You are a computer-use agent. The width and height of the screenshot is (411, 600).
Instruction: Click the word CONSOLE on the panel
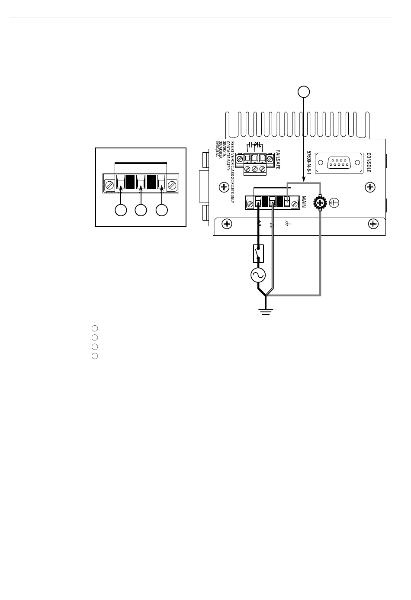click(x=369, y=162)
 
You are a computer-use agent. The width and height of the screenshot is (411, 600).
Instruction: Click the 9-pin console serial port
click(x=339, y=163)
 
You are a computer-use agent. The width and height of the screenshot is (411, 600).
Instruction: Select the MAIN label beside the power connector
click(x=304, y=202)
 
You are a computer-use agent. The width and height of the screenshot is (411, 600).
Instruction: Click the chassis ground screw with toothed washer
click(x=320, y=202)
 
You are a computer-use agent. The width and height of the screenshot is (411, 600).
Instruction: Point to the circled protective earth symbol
click(x=334, y=202)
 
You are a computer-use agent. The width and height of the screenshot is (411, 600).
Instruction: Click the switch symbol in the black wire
click(x=258, y=254)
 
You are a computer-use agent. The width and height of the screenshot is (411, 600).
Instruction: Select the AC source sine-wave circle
click(x=258, y=275)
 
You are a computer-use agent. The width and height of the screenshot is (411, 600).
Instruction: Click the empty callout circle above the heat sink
click(x=304, y=91)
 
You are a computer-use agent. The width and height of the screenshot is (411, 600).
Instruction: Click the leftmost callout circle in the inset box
click(x=121, y=210)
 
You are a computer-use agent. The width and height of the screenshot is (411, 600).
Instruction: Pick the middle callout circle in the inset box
click(x=141, y=210)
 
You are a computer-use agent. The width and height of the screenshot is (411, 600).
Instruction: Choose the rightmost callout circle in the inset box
click(x=162, y=210)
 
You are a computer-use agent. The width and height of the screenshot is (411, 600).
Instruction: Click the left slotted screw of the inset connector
click(x=109, y=186)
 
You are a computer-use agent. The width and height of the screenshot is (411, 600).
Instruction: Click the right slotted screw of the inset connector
click(x=172, y=186)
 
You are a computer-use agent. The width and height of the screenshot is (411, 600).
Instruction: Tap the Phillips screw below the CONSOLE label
click(x=370, y=187)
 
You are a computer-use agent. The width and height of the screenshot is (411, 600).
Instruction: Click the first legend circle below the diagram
click(x=95, y=328)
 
